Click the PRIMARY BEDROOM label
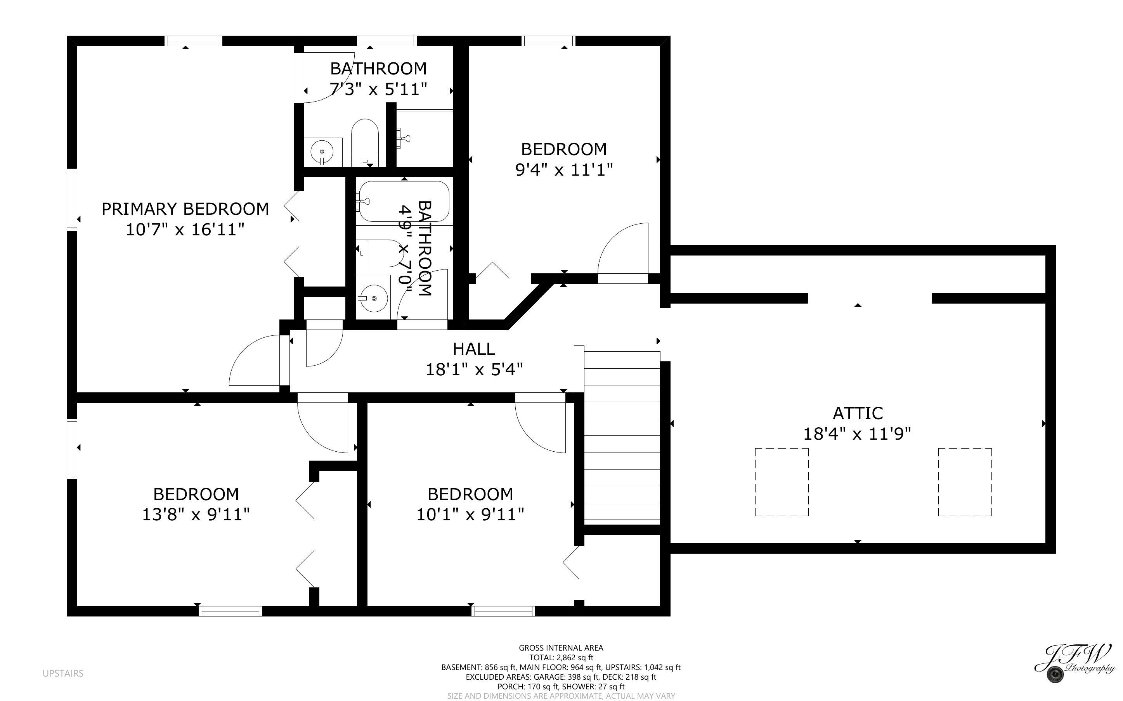tap(185, 209)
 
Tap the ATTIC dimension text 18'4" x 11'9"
tap(857, 434)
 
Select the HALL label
tap(473, 349)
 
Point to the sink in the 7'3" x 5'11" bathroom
tap(322, 151)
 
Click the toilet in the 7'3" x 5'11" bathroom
tap(365, 142)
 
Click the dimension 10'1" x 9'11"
tap(470, 515)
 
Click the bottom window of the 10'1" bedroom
tap(503, 611)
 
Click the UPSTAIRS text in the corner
tap(63, 673)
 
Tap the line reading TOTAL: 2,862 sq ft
tap(561, 658)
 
